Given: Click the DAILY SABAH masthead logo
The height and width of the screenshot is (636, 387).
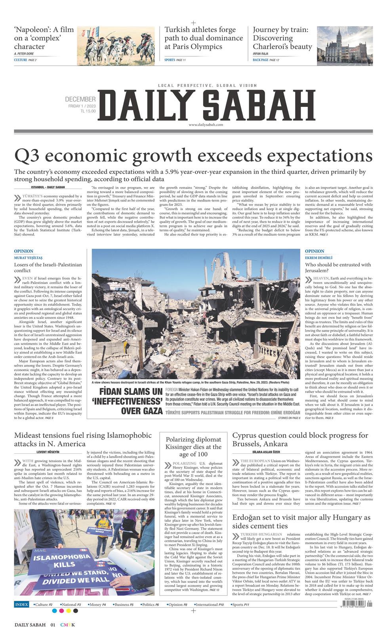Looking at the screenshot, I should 208,104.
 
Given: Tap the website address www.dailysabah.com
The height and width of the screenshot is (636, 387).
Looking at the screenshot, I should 206,125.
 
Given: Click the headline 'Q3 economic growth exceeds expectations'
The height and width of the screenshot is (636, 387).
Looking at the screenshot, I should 193,155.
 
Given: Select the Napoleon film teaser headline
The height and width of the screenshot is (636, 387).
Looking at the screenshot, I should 44,38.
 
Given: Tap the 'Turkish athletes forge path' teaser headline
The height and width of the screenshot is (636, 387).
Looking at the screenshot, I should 204,38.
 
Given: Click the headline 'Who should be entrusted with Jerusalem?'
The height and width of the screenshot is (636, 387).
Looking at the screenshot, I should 338,268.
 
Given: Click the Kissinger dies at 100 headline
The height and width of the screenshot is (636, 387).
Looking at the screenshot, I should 193,447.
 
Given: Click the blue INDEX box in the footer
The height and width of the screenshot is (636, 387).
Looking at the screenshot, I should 21,605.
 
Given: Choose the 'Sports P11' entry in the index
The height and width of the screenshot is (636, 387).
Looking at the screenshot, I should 241,605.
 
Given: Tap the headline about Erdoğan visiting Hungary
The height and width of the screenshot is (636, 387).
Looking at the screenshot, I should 301,522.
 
